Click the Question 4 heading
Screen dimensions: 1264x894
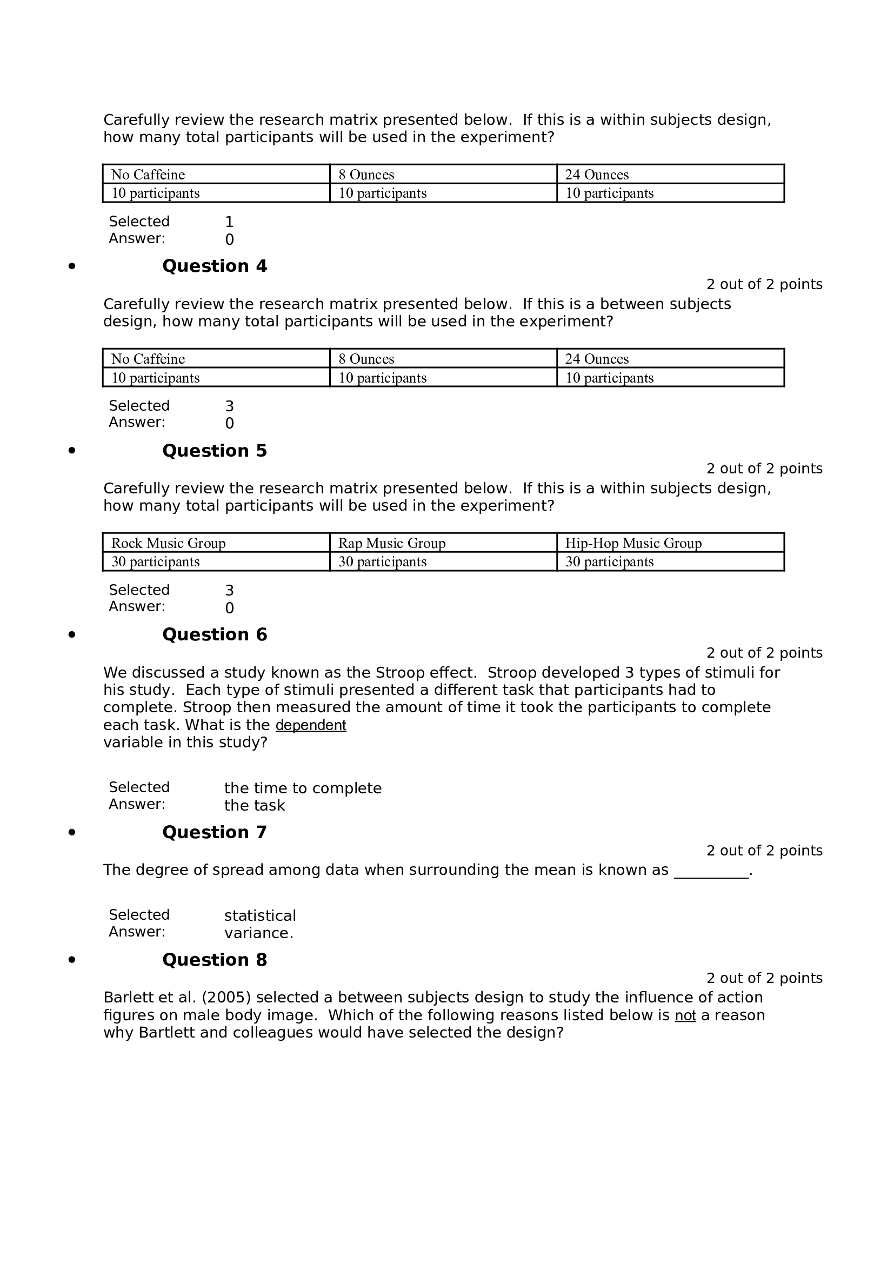point(214,266)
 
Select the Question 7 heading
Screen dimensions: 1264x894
point(214,832)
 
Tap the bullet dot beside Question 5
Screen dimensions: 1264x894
point(71,451)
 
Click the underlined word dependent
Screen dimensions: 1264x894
point(310,726)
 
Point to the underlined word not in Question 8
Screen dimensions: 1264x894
point(685,1016)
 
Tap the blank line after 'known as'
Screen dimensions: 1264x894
point(711,871)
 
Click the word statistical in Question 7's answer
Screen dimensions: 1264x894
point(260,916)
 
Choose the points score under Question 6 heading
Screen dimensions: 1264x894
point(764,653)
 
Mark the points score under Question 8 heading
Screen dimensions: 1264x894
point(764,978)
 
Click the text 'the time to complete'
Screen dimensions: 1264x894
point(303,788)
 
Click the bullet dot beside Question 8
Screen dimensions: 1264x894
point(71,960)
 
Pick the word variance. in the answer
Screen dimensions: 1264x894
point(259,933)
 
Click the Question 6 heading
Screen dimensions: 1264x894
point(214,635)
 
